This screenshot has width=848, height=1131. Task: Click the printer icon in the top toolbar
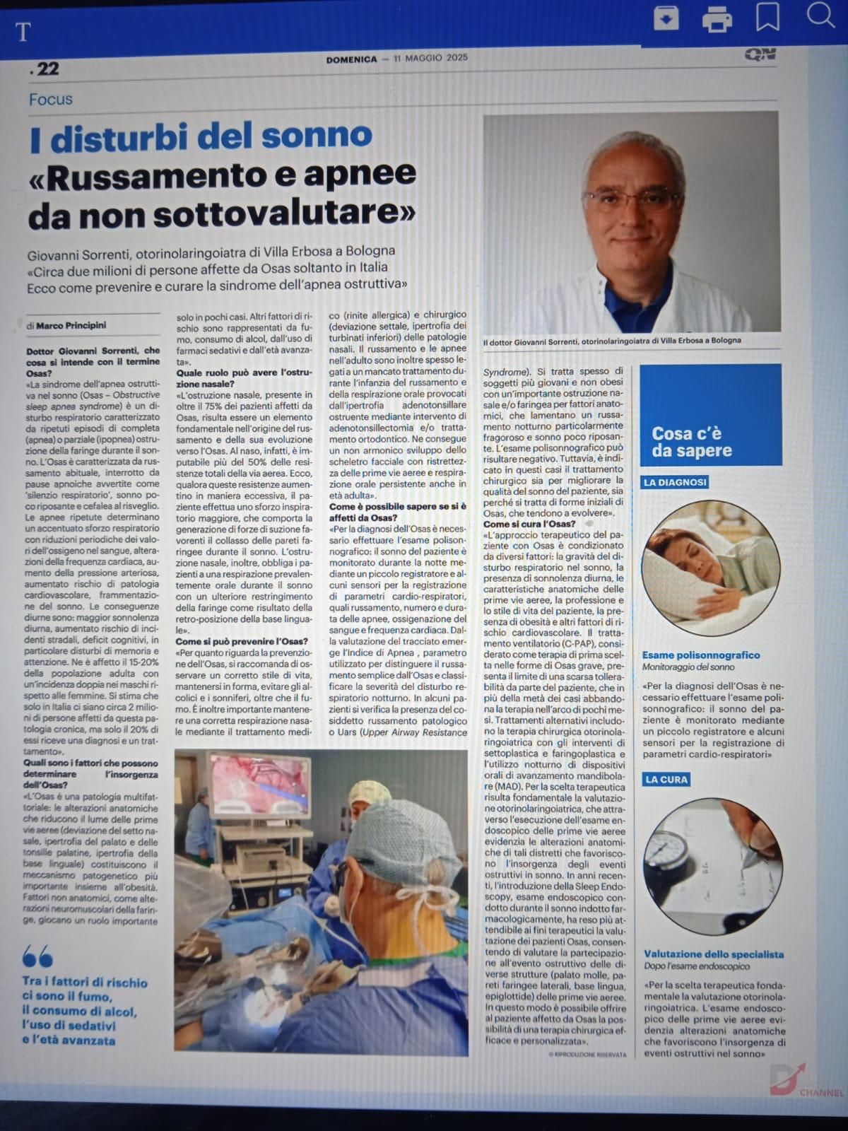click(x=717, y=19)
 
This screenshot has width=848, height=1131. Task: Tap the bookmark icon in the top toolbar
click(x=767, y=18)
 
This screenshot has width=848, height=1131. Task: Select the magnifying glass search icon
click(x=820, y=15)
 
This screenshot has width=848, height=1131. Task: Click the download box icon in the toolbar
click(x=666, y=19)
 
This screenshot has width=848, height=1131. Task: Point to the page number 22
click(x=45, y=69)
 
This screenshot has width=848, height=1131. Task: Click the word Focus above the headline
click(x=51, y=99)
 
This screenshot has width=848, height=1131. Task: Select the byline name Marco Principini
click(x=71, y=326)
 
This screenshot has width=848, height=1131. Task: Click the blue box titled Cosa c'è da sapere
click(x=710, y=414)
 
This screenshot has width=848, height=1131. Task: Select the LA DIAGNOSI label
click(x=674, y=483)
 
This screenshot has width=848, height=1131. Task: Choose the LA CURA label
click(x=665, y=780)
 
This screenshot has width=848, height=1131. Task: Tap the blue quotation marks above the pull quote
click(x=37, y=958)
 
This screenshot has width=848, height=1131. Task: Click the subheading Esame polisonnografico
click(x=701, y=655)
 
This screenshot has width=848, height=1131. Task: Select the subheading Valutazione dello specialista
click(x=714, y=954)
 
